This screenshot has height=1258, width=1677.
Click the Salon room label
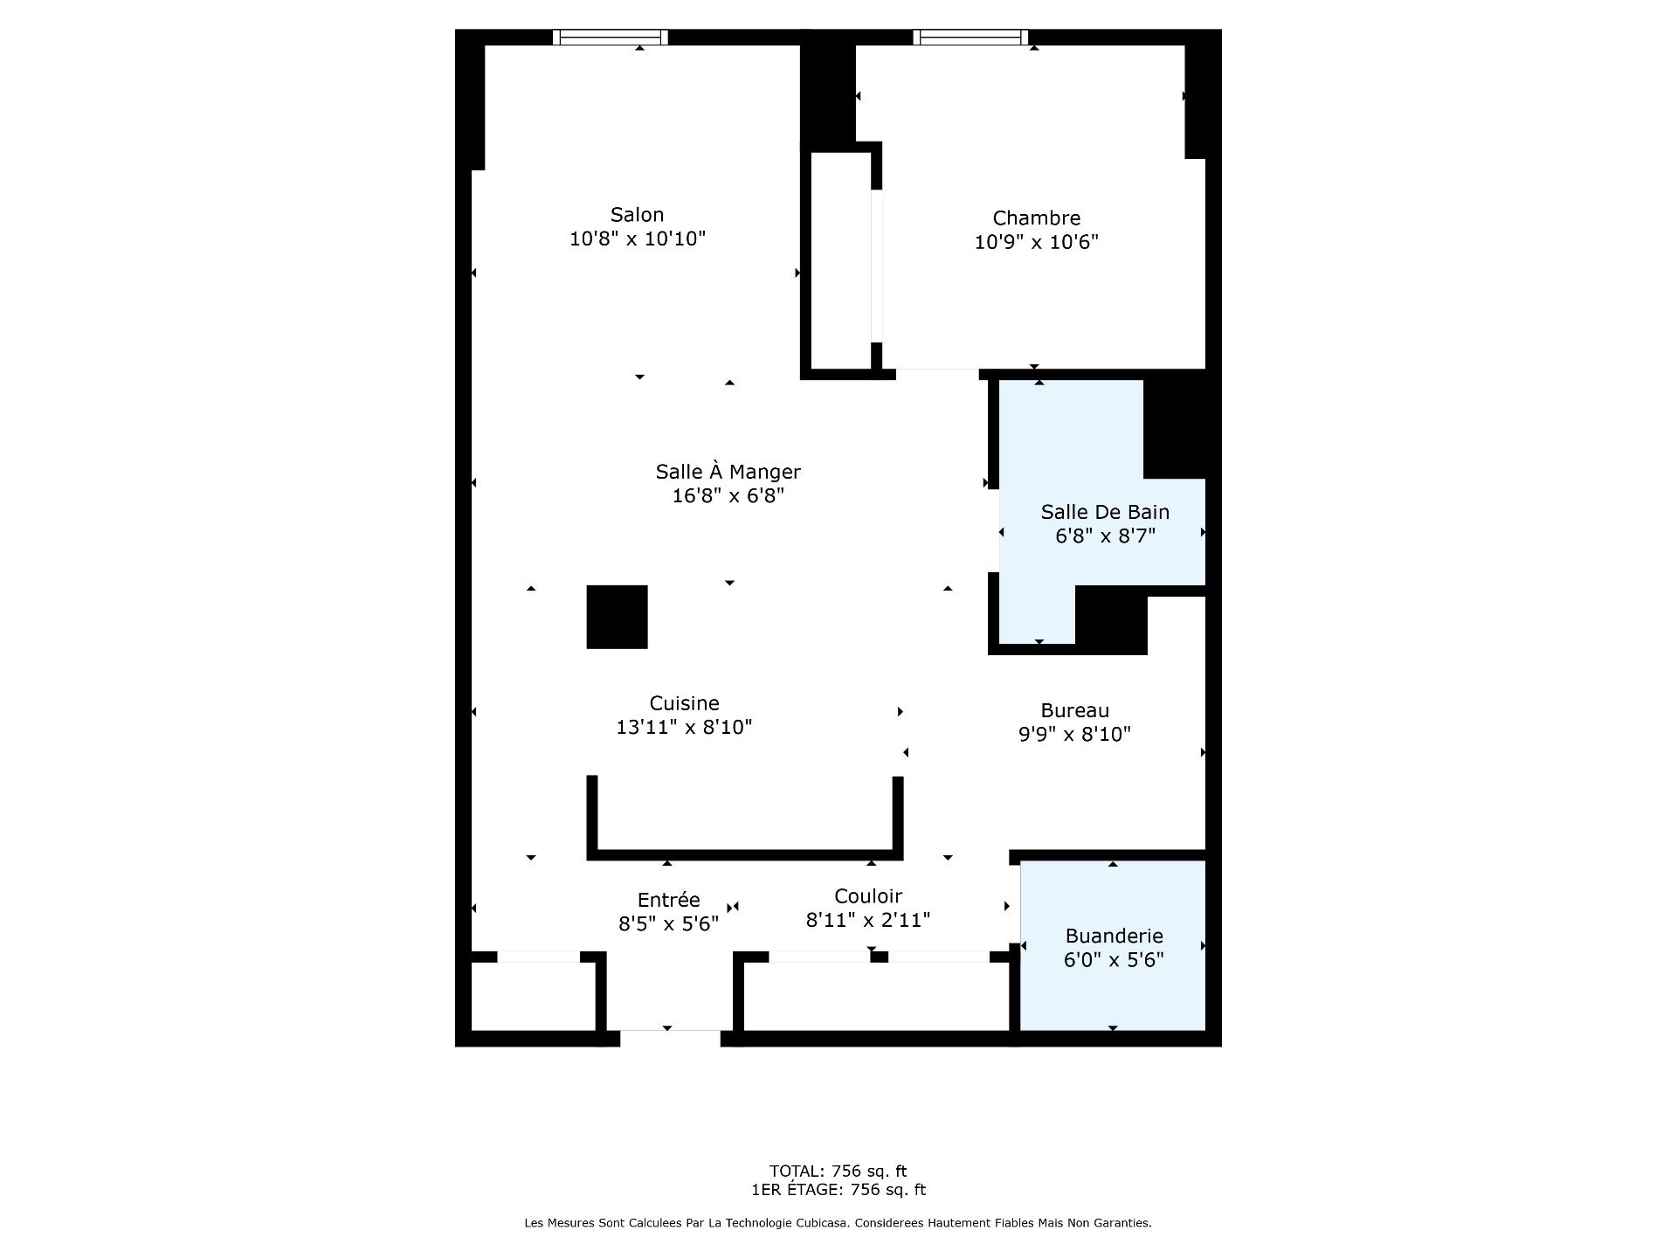(637, 215)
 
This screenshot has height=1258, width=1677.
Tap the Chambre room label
(1037, 218)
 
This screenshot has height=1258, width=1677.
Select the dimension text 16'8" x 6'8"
(728, 496)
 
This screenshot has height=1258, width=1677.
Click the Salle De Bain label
(1105, 512)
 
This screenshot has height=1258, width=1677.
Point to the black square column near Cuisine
(617, 617)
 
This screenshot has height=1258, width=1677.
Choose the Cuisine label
(684, 703)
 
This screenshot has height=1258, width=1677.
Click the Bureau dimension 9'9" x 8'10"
(1074, 735)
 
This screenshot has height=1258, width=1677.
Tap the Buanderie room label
(1114, 937)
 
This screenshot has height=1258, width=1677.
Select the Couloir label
(868, 896)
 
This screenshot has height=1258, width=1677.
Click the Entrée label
(669, 900)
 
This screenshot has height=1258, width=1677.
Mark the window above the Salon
(611, 37)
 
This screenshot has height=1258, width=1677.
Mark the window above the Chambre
(970, 37)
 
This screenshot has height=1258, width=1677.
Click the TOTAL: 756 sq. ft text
(838, 1172)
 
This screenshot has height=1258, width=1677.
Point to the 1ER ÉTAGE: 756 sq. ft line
(838, 1190)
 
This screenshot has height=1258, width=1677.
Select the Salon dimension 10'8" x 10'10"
(637, 238)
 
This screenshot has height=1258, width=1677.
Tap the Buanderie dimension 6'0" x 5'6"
(1114, 960)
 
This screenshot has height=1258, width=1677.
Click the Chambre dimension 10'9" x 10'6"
(1037, 242)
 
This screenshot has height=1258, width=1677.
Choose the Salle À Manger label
(728, 472)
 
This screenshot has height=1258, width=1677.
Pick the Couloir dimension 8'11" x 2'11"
(868, 920)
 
